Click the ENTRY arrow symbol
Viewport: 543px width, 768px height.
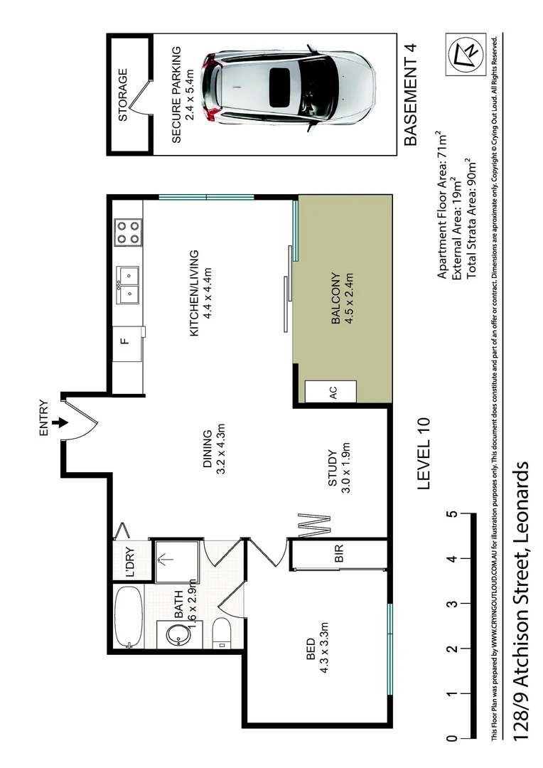pos(62,422)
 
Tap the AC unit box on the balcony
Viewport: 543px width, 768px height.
pos(331,391)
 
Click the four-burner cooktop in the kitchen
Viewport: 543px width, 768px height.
pos(127,232)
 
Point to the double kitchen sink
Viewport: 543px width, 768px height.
pos(128,282)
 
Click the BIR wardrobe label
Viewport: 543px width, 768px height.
pos(338,555)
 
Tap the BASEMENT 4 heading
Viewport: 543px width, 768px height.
pos(410,95)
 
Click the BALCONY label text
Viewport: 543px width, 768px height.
pos(335,299)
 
